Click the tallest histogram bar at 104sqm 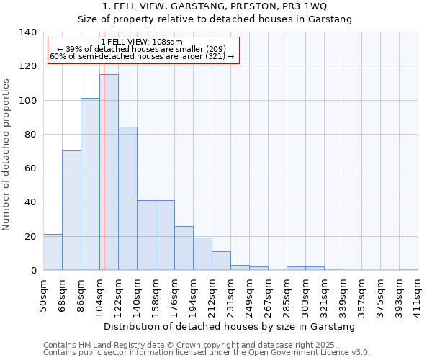tap(109, 173)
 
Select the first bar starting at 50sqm tap(53, 252)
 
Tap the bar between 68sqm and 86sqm tap(71, 210)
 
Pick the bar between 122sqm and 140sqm tap(127, 199)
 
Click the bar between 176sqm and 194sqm tap(184, 248)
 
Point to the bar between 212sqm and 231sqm tap(221, 261)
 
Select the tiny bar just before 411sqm tap(408, 269)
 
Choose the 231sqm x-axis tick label tap(231, 295)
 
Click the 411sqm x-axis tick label tap(418, 295)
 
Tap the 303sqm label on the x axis tap(306, 295)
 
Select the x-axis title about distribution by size tap(230, 327)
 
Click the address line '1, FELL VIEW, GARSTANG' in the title tap(215, 6)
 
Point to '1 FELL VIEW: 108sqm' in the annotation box tap(142, 42)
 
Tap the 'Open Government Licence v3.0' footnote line tap(207, 353)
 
